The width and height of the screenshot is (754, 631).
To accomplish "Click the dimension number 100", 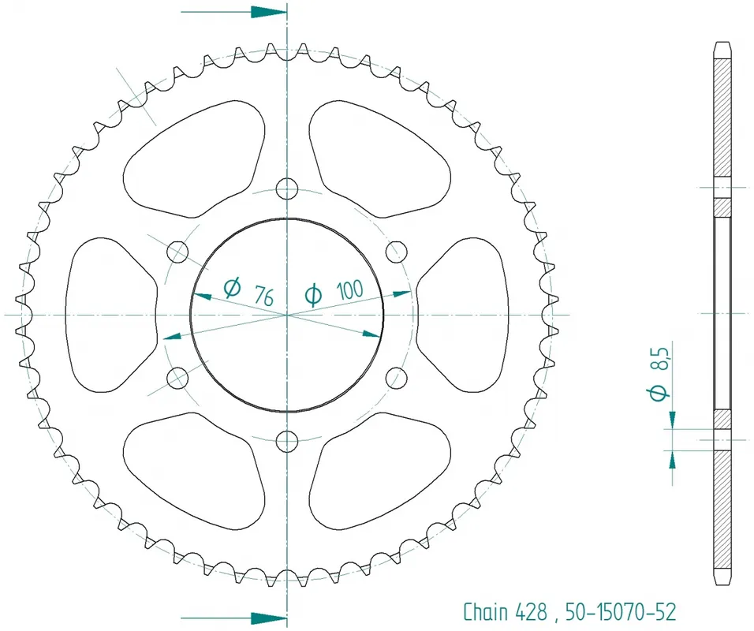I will point(349,289).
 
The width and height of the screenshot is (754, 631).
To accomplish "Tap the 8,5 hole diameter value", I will point(661,360).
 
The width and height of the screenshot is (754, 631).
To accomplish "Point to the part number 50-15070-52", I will point(621,611).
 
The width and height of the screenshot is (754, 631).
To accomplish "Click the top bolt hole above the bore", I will point(288,188).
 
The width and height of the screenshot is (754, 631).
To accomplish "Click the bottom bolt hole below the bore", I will point(288,440).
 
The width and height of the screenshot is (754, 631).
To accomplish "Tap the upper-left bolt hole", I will point(179,252).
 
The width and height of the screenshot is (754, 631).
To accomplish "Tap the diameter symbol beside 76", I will point(232,287).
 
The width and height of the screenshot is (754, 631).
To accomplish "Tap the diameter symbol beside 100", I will point(313,295).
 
